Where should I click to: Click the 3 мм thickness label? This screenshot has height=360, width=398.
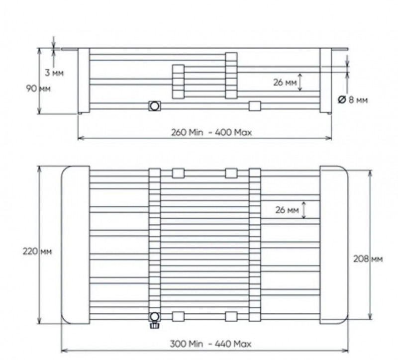click(x=54, y=73)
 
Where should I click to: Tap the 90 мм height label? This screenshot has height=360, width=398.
click(x=38, y=89)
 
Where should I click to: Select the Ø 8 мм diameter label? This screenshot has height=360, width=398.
click(x=353, y=100)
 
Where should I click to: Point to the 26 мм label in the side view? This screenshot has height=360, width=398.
click(x=285, y=83)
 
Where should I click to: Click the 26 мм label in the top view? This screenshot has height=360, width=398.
click(x=287, y=210)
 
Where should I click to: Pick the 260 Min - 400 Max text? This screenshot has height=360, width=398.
click(x=211, y=132)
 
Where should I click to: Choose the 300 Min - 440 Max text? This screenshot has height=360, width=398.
click(x=210, y=344)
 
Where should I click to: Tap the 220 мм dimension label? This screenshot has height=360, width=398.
click(x=37, y=252)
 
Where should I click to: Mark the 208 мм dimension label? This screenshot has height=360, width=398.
click(x=368, y=259)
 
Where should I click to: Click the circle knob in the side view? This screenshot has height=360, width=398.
click(x=155, y=106)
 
